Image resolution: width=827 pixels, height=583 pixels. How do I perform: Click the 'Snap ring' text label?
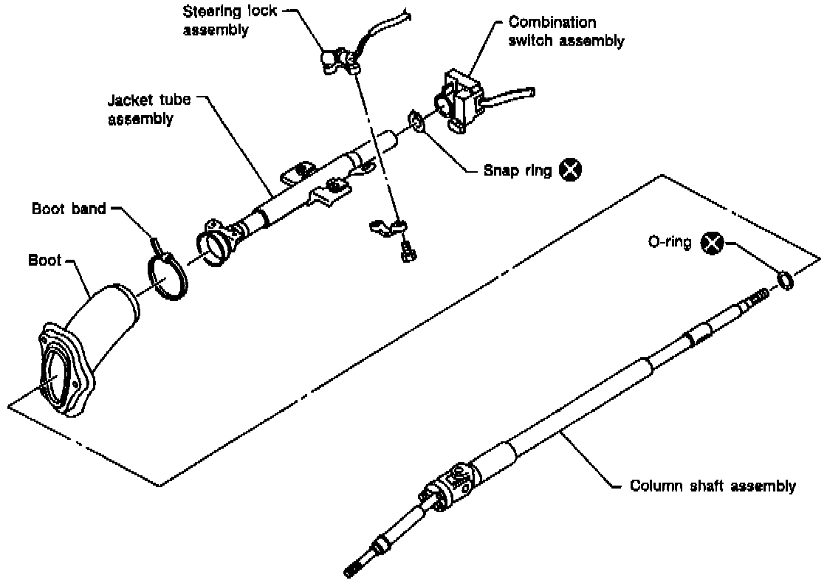pyautogui.click(x=517, y=170)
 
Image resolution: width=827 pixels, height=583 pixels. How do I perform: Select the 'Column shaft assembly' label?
pyautogui.click(x=713, y=486)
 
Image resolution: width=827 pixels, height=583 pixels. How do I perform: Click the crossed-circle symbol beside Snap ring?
pyautogui.click(x=569, y=170)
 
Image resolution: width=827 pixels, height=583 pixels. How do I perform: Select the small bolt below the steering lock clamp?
pyautogui.click(x=405, y=253)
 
